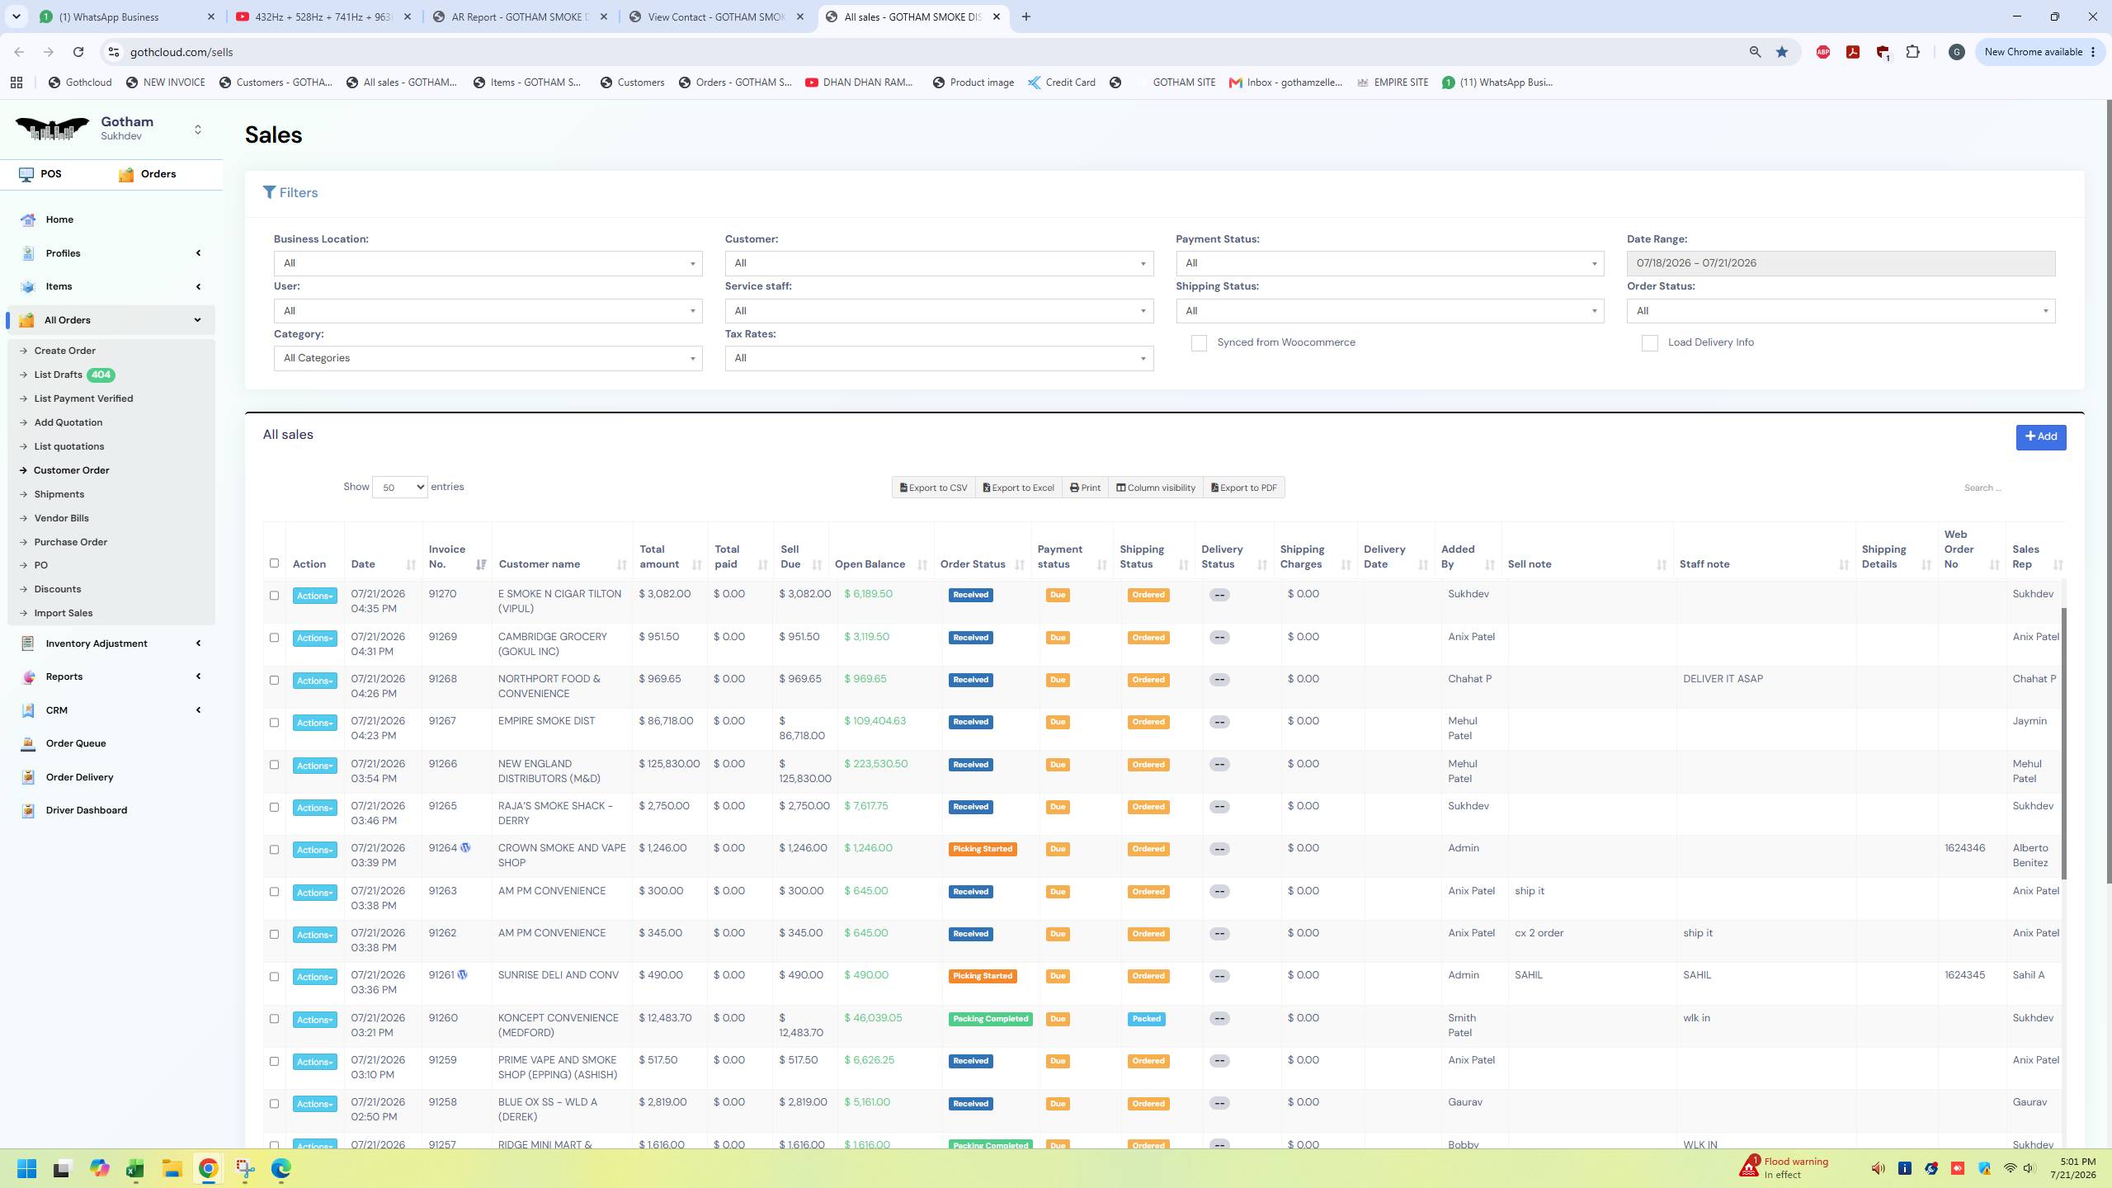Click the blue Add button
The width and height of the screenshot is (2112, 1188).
pyautogui.click(x=2040, y=437)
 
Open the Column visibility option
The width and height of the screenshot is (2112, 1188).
pyautogui.click(x=1155, y=488)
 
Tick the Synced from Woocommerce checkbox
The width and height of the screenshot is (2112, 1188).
pyautogui.click(x=1199, y=343)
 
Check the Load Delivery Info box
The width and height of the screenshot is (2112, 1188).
pyautogui.click(x=1649, y=343)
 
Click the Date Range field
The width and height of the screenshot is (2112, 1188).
pyautogui.click(x=1840, y=263)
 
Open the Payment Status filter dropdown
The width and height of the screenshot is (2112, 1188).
pyautogui.click(x=1389, y=263)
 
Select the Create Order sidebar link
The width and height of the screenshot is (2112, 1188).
pyautogui.click(x=64, y=351)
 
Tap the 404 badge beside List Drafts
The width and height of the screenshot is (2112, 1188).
pyautogui.click(x=101, y=375)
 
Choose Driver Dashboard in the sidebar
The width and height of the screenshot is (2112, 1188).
pyautogui.click(x=86, y=810)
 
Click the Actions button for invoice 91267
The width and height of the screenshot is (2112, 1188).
pyautogui.click(x=314, y=723)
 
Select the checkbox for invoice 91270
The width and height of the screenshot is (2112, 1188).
pyautogui.click(x=274, y=595)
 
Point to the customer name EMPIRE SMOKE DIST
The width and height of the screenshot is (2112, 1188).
pyautogui.click(x=546, y=721)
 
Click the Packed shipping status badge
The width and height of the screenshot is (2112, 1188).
pyautogui.click(x=1146, y=1019)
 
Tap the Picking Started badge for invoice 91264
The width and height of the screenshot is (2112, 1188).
pyautogui.click(x=982, y=849)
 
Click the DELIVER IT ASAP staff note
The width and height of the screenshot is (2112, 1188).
pyautogui.click(x=1723, y=679)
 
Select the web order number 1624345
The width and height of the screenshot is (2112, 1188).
pyautogui.click(x=1964, y=975)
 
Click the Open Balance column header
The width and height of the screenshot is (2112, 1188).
pyautogui.click(x=870, y=564)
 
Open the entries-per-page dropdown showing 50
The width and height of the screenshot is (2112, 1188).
pyautogui.click(x=399, y=488)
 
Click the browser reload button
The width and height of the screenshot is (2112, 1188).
pyautogui.click(x=78, y=52)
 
